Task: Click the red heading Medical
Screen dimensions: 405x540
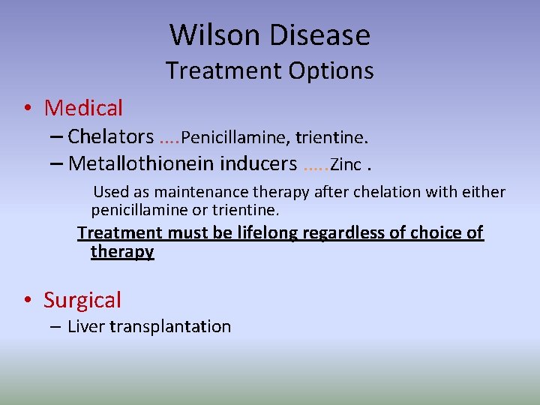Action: point(83,108)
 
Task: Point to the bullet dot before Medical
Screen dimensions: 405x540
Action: point(27,109)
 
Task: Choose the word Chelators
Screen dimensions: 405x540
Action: point(110,136)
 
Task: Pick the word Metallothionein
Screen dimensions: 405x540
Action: point(142,163)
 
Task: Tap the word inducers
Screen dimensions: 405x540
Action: point(259,163)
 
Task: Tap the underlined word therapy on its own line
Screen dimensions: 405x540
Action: point(122,252)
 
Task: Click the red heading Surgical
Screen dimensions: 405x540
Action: point(82,300)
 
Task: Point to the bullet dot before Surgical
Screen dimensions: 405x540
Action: point(27,301)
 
